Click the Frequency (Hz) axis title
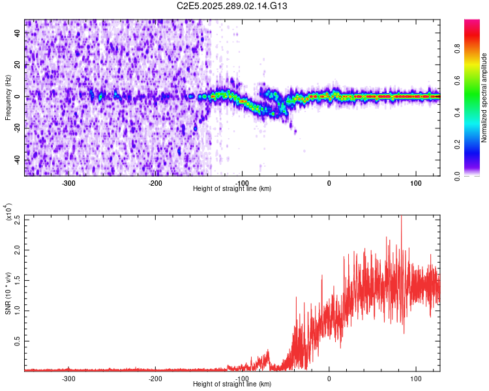point(8,97)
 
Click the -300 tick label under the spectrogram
point(68,182)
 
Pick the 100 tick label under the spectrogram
point(415,182)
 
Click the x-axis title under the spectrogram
point(232,189)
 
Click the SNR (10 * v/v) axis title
point(8,293)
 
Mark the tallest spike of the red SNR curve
point(401,218)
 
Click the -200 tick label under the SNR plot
point(155,378)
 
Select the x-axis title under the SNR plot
point(232,384)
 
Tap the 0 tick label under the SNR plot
point(329,378)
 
